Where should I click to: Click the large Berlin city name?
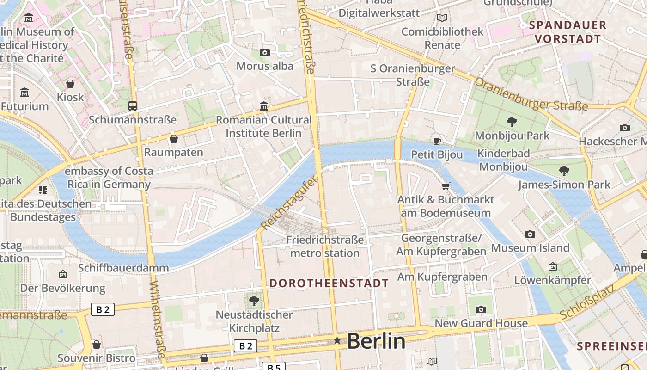(x=376, y=341)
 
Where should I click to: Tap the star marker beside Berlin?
(x=337, y=341)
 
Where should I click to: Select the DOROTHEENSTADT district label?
(x=329, y=284)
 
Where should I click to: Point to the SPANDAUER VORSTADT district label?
(x=568, y=32)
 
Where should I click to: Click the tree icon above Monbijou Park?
(x=512, y=122)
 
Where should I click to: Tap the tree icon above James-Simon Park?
(x=564, y=171)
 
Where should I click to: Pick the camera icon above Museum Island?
(x=530, y=234)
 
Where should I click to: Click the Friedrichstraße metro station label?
(x=325, y=247)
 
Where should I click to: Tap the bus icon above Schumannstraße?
(x=133, y=106)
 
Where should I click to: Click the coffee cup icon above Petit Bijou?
(x=437, y=141)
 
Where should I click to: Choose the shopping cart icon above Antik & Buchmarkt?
(x=446, y=186)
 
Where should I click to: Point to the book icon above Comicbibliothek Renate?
(x=442, y=18)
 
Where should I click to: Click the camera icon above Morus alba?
(x=265, y=53)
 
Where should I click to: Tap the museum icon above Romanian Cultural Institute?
(x=264, y=106)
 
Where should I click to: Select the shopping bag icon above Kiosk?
(x=70, y=84)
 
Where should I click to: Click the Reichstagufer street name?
(x=290, y=203)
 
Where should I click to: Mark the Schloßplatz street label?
(x=588, y=302)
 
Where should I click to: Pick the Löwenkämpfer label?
(x=552, y=280)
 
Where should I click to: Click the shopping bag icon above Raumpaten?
(x=174, y=139)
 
